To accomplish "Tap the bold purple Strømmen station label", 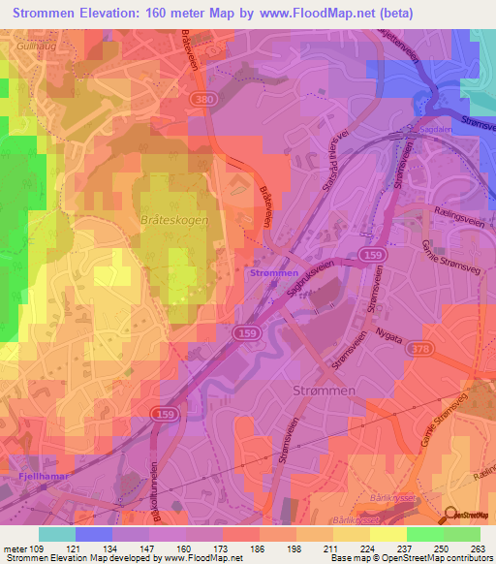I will click(x=274, y=274).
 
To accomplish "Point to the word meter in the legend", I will click(x=15, y=549).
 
